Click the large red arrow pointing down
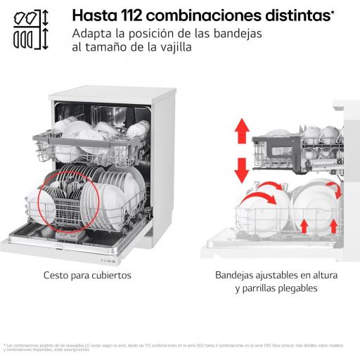[242, 169]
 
